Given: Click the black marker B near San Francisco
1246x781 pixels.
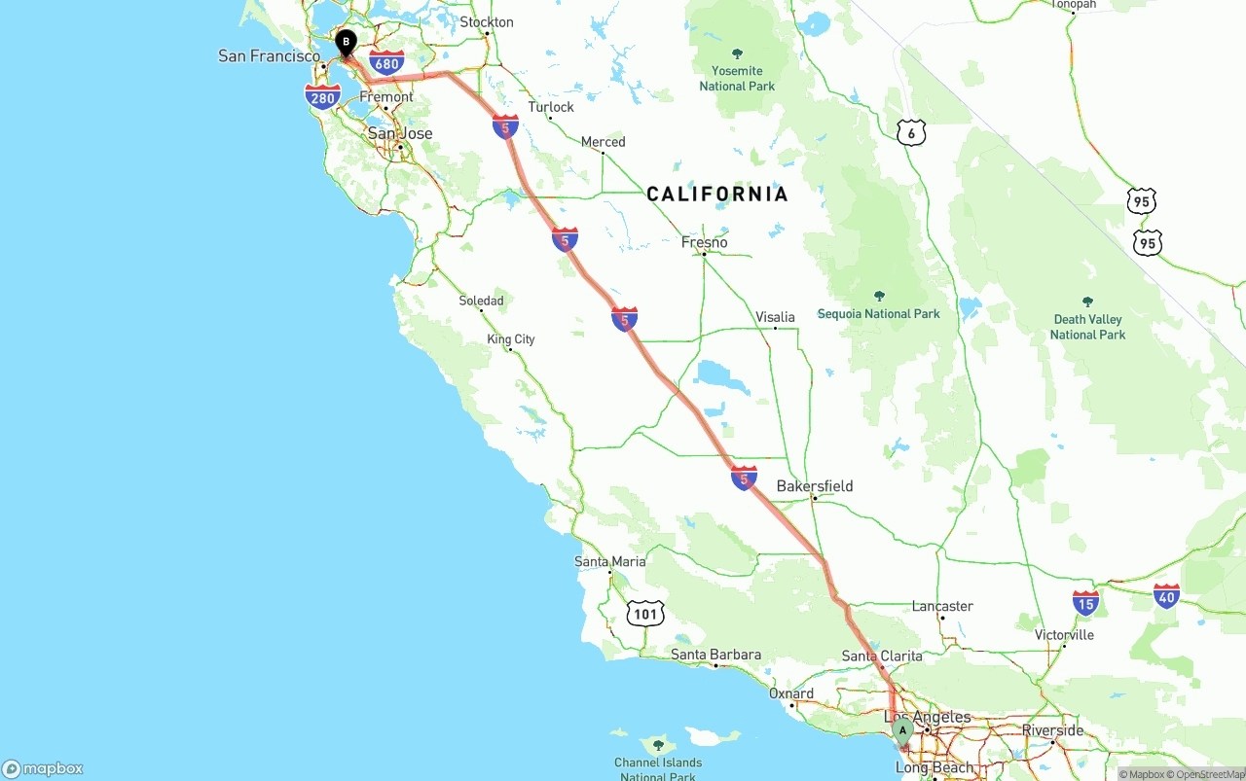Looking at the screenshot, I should point(346,43).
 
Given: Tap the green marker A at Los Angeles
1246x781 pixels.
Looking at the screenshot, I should point(902,730).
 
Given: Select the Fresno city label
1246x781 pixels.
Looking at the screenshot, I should point(705,242).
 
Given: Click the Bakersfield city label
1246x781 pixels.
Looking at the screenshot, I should point(815,485).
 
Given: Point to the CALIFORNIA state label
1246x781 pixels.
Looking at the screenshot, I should point(717,195).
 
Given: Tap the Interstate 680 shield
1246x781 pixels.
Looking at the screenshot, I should point(387,64).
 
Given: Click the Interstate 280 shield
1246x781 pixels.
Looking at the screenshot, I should point(322,97).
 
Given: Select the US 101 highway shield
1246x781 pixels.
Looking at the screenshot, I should point(645,613).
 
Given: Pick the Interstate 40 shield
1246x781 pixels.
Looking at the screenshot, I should point(1166,595).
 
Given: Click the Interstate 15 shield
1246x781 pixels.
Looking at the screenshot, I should point(1085,602).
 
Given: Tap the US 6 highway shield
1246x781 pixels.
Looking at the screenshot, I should point(910,133).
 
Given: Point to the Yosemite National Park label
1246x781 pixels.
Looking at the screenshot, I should point(737,78).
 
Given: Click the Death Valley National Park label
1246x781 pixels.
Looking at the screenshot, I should point(1087,327).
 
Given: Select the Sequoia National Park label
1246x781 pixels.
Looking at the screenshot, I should point(878,313).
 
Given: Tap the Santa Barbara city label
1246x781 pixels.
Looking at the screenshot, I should point(715,655).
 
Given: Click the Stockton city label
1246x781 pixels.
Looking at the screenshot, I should point(487,21).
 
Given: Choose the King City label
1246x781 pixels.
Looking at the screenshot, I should point(511,339).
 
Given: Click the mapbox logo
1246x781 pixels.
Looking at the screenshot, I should point(43,768).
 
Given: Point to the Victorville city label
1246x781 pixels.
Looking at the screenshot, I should point(1064,635).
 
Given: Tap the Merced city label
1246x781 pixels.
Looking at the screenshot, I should point(603,142).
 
